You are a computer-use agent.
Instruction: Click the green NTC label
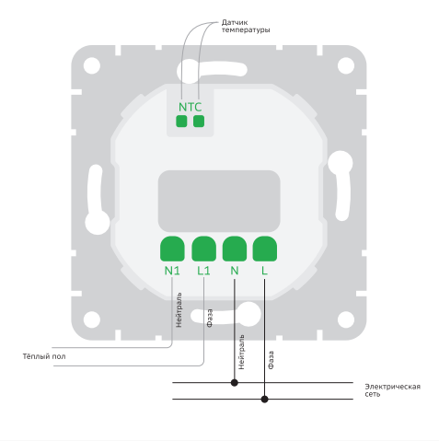pyautogui.click(x=190, y=107)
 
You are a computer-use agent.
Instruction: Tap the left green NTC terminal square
pyautogui.click(x=181, y=122)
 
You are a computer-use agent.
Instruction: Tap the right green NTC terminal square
pyautogui.click(x=199, y=122)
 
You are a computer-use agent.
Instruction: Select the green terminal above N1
pyautogui.click(x=172, y=249)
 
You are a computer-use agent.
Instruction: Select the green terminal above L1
pyautogui.click(x=203, y=249)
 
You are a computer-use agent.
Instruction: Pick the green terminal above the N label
pyautogui.click(x=235, y=249)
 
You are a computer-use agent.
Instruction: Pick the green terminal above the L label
pyautogui.click(x=264, y=249)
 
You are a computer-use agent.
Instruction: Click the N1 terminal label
pyautogui.click(x=172, y=271)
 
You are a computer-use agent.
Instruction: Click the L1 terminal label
pyautogui.click(x=203, y=271)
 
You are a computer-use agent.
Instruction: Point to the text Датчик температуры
pyautogui.click(x=246, y=26)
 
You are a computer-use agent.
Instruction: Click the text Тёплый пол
pyautogui.click(x=44, y=356)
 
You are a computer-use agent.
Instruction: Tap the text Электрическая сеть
pyautogui.click(x=392, y=390)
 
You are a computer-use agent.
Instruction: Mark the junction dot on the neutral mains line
pyautogui.click(x=235, y=382)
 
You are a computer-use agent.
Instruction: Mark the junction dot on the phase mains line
pyautogui.click(x=264, y=399)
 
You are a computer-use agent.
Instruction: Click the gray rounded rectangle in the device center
pyautogui.click(x=219, y=202)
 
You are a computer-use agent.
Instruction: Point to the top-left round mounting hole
pyautogui.click(x=92, y=65)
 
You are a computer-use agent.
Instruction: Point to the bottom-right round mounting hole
pyautogui.click(x=346, y=319)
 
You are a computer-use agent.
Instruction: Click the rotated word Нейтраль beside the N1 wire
pyautogui.click(x=179, y=309)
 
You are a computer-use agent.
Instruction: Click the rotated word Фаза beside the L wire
pyautogui.click(x=271, y=360)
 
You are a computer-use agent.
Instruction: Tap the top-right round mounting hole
pyautogui.click(x=346, y=65)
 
